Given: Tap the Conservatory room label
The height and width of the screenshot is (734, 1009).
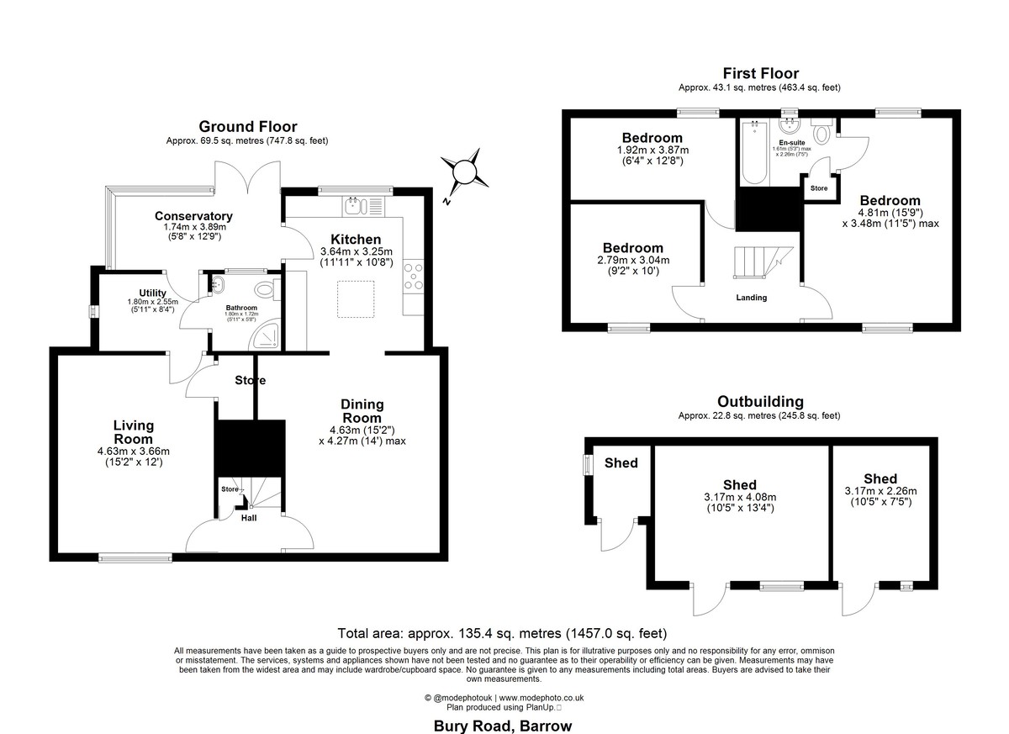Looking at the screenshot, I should (x=193, y=216).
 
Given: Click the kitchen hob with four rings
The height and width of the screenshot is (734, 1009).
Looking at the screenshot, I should (x=414, y=276).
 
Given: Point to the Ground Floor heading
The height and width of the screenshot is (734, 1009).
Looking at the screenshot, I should (x=247, y=127).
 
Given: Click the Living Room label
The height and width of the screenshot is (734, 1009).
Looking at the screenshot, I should (x=134, y=432).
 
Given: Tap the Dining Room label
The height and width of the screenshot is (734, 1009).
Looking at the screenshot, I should (x=362, y=411).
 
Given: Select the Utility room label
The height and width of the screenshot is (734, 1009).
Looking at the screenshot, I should (x=153, y=293).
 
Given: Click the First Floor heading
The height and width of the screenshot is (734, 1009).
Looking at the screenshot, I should (x=760, y=73).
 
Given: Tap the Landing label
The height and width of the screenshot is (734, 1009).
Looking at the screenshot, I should (x=752, y=298).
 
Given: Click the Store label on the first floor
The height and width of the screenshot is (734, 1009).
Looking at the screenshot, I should (x=819, y=188).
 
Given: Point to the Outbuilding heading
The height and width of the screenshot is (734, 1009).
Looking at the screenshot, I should (x=760, y=402).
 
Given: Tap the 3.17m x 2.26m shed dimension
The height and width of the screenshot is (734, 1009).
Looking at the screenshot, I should (x=880, y=491).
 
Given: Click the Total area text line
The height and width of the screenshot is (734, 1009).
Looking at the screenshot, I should (x=502, y=633).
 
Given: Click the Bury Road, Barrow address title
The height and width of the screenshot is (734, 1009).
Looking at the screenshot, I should (x=503, y=726).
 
